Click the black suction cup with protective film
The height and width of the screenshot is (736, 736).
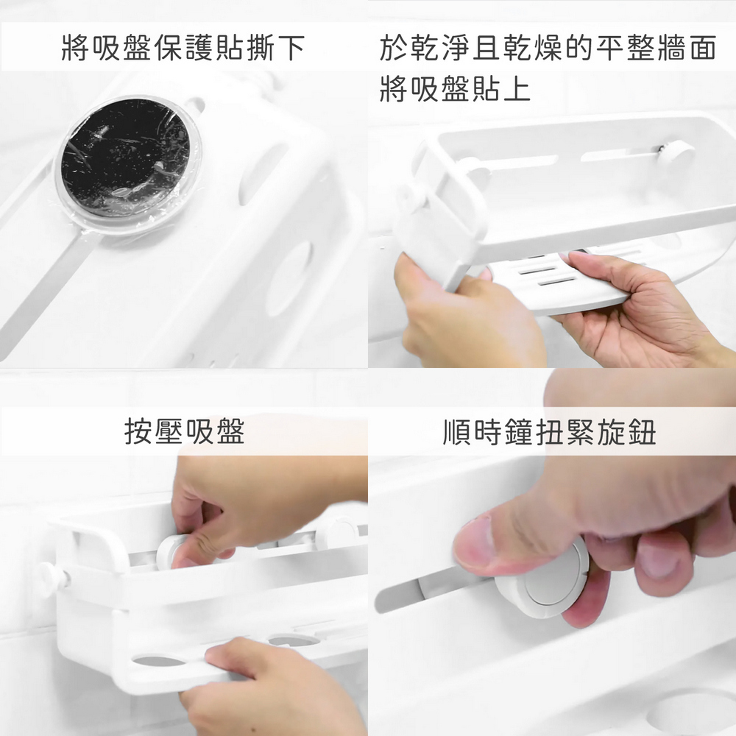click(127, 158)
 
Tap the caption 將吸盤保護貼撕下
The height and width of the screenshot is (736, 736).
click(183, 48)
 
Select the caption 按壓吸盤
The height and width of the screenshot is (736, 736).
click(185, 431)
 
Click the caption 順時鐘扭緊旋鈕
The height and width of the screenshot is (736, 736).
click(550, 432)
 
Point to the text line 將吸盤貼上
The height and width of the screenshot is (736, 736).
click(455, 89)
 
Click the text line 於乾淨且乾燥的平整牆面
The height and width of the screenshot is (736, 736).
click(548, 48)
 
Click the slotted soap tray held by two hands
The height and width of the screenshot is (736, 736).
click(559, 279)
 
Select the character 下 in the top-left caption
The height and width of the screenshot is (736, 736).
click(291, 48)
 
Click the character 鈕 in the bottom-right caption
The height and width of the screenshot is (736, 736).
click(642, 432)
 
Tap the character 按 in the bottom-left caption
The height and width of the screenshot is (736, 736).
click(138, 431)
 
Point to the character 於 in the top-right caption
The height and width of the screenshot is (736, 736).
click(394, 48)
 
